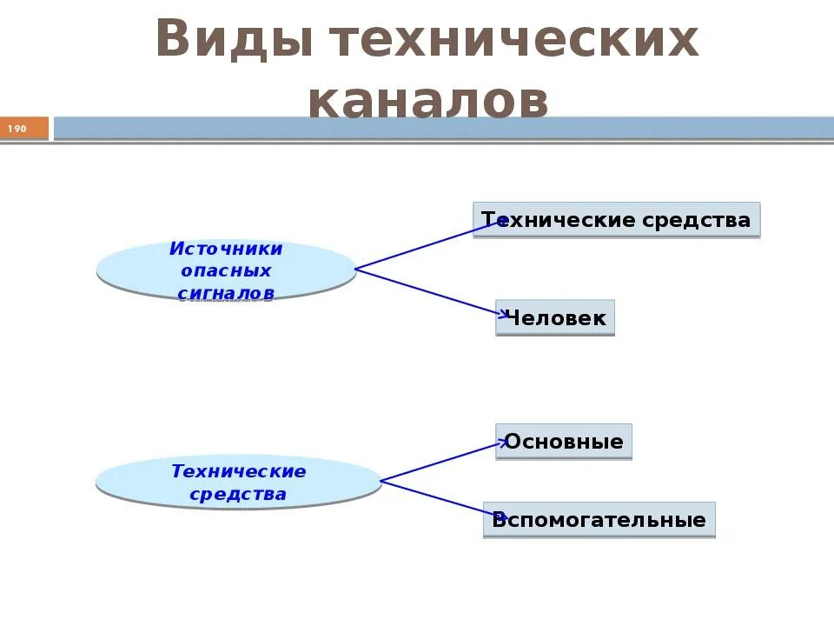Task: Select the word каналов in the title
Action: [x=427, y=101]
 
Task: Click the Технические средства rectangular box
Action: [x=616, y=220]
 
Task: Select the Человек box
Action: [x=555, y=318]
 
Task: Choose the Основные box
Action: [x=564, y=442]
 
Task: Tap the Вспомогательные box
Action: [x=599, y=521]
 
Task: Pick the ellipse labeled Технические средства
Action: [x=238, y=483]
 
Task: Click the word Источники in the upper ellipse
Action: [x=226, y=249]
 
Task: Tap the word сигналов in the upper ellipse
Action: [x=226, y=294]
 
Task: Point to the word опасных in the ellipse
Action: [x=226, y=271]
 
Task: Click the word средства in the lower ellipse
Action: [x=238, y=495]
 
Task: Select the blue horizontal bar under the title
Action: [x=443, y=129]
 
